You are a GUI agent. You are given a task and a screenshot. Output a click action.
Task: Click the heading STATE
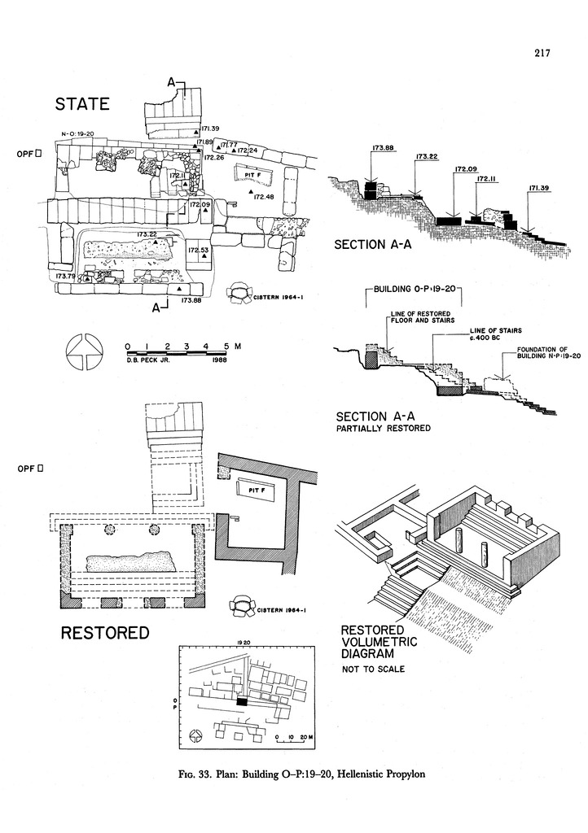(82, 105)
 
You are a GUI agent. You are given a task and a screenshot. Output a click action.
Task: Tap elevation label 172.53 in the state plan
(199, 250)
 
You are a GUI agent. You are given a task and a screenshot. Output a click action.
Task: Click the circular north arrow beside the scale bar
(81, 351)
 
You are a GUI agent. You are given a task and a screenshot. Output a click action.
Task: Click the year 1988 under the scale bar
(218, 359)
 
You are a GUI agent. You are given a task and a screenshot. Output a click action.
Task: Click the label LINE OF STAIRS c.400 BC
(494, 335)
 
